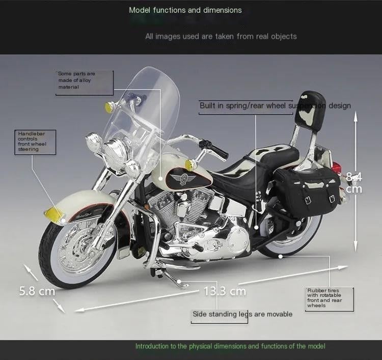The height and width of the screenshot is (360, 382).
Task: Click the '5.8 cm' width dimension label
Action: coord(37,291)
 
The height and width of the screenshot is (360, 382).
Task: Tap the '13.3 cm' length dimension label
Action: coord(225,291)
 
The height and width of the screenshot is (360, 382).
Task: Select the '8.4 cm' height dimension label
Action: coord(354,183)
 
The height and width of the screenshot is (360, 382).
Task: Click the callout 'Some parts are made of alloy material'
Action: coord(76,80)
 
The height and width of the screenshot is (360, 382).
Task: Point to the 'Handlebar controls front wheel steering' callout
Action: coord(32,141)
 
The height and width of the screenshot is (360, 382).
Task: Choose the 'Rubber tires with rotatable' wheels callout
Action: coord(324,298)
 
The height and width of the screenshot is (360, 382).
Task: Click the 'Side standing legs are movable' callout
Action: coord(242,314)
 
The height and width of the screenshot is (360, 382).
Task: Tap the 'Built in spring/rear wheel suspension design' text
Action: coord(275,106)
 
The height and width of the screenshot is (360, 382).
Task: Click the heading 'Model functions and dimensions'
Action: coord(185,10)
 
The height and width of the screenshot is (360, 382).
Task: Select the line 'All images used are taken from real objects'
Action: coord(221,37)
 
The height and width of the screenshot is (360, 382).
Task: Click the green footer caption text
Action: coord(230,346)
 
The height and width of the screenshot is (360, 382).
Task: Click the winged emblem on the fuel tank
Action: coord(183,179)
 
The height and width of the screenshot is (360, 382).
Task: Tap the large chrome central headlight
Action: coord(115,149)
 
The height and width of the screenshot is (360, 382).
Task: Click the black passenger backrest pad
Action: coord(310,108)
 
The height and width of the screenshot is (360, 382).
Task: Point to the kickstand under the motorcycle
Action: coord(171,277)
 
